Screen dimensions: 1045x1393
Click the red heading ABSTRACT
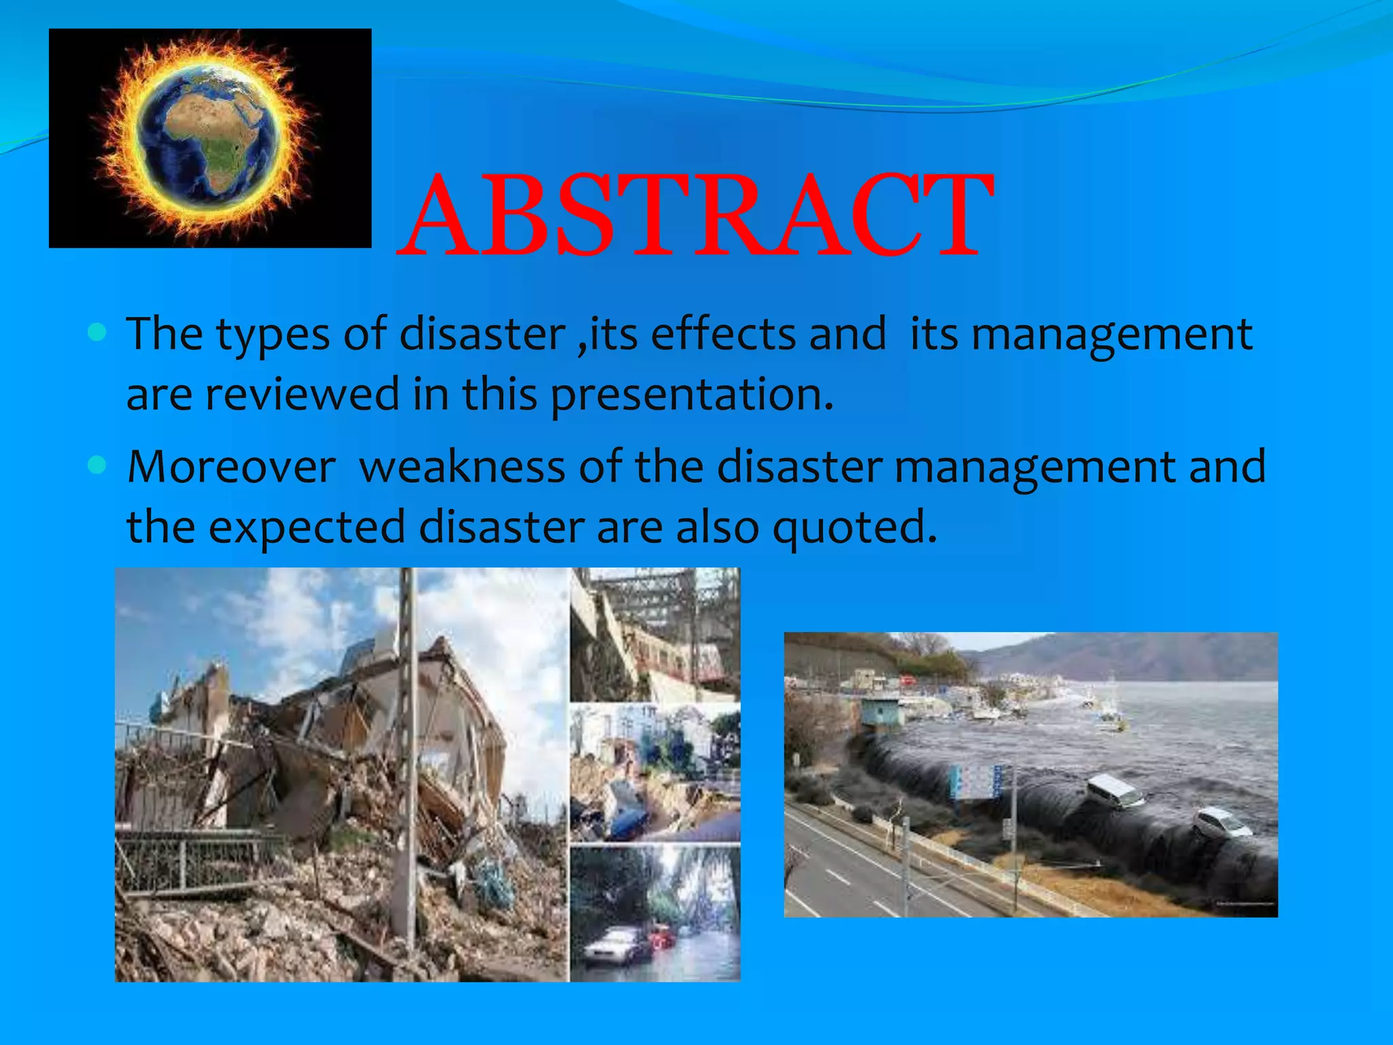coord(695,216)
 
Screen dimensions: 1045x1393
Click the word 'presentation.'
coord(692,396)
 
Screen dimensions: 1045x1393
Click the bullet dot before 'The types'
coord(98,333)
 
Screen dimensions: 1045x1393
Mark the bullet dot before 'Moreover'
coord(98,465)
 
